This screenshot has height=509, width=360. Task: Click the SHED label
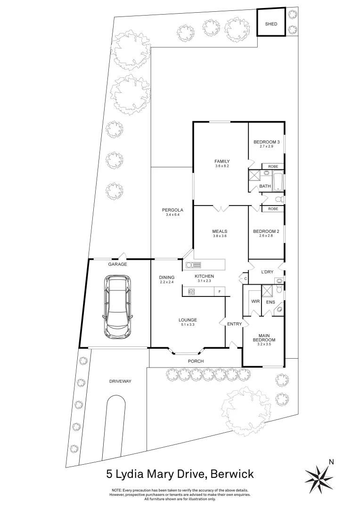pos(270,24)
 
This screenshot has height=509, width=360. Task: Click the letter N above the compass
pos(331,462)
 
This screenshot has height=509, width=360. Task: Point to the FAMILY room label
pos(221,161)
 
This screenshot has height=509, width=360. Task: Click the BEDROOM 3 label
pos(266,142)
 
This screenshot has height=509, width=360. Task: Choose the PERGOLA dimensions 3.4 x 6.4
pos(172,215)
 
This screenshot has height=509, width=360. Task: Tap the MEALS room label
pos(220,231)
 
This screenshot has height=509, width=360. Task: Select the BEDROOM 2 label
pos(266,231)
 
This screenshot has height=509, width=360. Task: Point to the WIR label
pos(255,301)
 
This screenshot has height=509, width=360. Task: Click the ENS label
pos(270,302)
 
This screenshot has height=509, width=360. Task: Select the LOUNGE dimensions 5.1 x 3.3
pos(188,325)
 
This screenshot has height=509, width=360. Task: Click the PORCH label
pos(196,361)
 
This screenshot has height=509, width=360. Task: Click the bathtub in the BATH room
pos(278,181)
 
